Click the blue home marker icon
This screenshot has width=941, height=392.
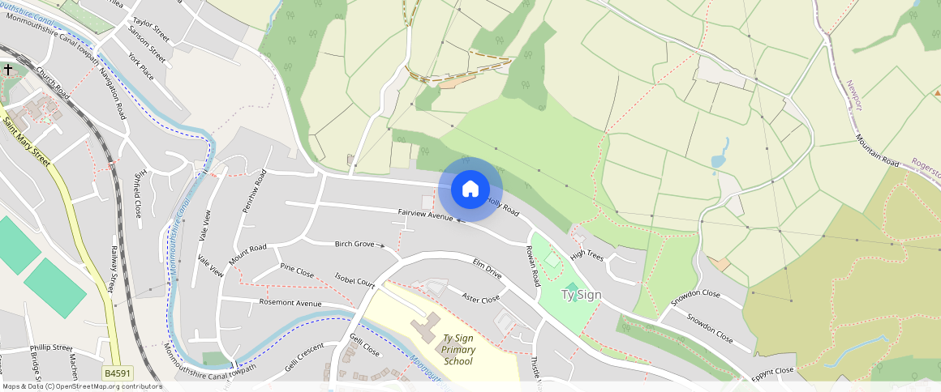pyautogui.click(x=470, y=190)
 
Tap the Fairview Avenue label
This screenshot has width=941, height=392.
pyautogui.click(x=425, y=215)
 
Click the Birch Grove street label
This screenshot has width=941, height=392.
pyautogui.click(x=354, y=244)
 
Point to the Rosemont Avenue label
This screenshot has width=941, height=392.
pyautogui.click(x=290, y=303)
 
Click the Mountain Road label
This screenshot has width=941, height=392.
pyautogui.click(x=877, y=151)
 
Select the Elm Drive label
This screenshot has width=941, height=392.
pyautogui.click(x=488, y=269)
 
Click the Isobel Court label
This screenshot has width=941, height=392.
pyautogui.click(x=354, y=279)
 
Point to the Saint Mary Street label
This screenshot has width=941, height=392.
pyautogui.click(x=26, y=143)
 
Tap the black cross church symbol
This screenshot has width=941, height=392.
pyautogui.click(x=8, y=70)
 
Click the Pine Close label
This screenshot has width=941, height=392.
pyautogui.click(x=296, y=269)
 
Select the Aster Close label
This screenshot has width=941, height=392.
pyautogui.click(x=480, y=298)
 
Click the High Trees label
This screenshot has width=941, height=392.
pyautogui.click(x=587, y=254)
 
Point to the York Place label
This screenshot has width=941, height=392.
pyautogui.click(x=140, y=67)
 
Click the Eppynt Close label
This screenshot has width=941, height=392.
pyautogui.click(x=771, y=372)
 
